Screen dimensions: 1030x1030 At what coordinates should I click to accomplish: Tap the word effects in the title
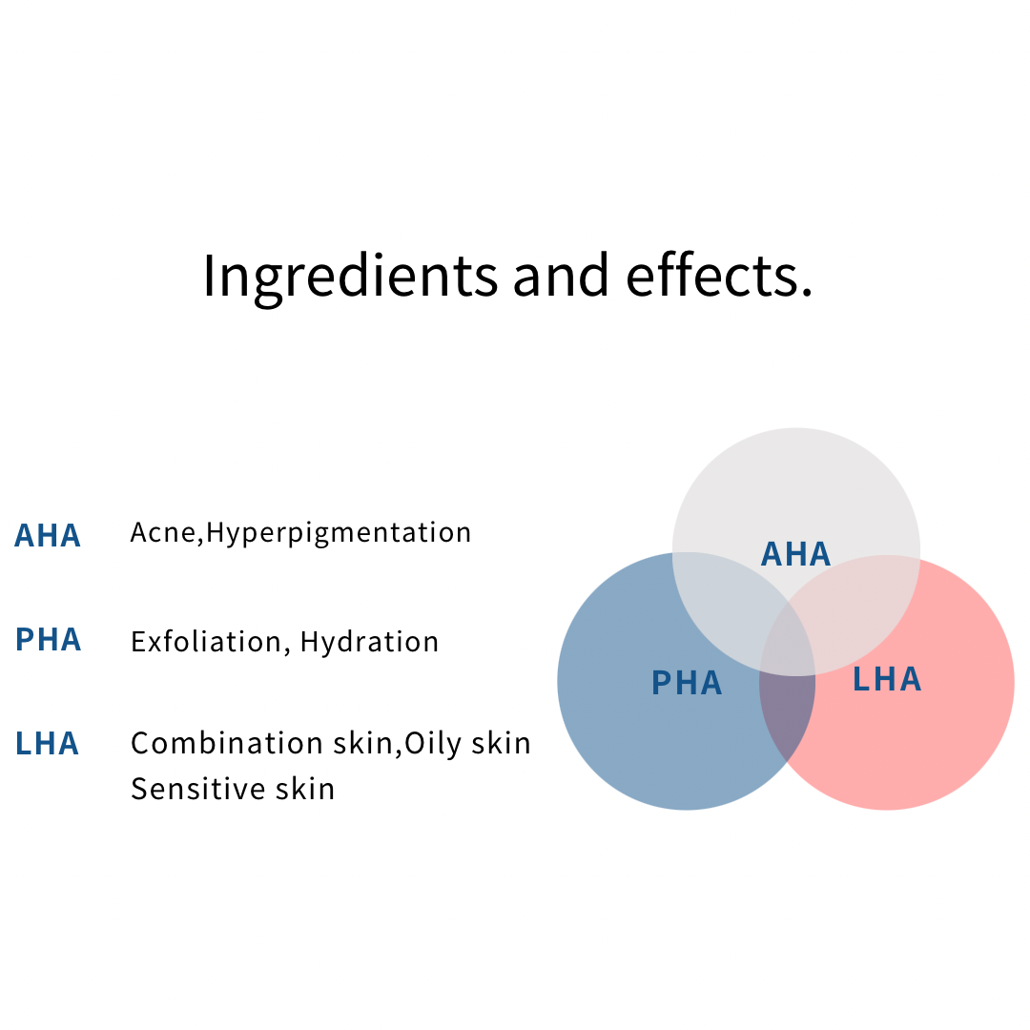pyautogui.click(x=719, y=275)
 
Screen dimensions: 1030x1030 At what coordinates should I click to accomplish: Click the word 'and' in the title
pyautogui.click(x=561, y=275)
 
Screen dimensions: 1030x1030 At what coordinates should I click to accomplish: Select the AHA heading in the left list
pyautogui.click(x=48, y=535)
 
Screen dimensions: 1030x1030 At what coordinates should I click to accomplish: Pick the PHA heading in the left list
pyautogui.click(x=48, y=639)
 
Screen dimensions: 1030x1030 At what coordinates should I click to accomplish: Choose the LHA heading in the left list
pyautogui.click(x=47, y=744)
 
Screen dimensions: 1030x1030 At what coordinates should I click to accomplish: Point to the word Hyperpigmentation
pyautogui.click(x=339, y=533)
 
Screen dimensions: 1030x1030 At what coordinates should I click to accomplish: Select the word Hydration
pyautogui.click(x=369, y=642)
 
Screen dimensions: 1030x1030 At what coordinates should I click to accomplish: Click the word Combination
pyautogui.click(x=227, y=744)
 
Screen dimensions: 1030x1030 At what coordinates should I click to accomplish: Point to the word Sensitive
pyautogui.click(x=197, y=789)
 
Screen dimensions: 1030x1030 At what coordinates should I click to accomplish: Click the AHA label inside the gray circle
pyautogui.click(x=795, y=554)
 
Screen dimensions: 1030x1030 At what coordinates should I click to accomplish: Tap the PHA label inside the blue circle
pyautogui.click(x=687, y=683)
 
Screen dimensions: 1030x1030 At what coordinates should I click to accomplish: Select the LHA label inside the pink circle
pyautogui.click(x=887, y=679)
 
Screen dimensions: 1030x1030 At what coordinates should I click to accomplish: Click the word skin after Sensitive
pyautogui.click(x=305, y=789)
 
